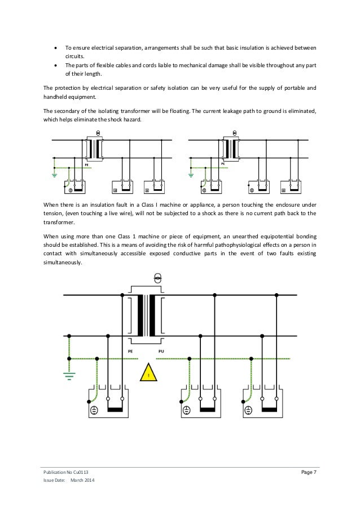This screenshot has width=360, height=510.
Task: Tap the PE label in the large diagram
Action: [130, 351]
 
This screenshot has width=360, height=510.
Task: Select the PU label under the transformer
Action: [161, 351]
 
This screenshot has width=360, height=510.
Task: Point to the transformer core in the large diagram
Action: [149, 316]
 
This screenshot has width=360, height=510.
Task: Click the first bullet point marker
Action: [54, 47]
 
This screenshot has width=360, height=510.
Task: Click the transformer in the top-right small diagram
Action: [229, 149]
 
